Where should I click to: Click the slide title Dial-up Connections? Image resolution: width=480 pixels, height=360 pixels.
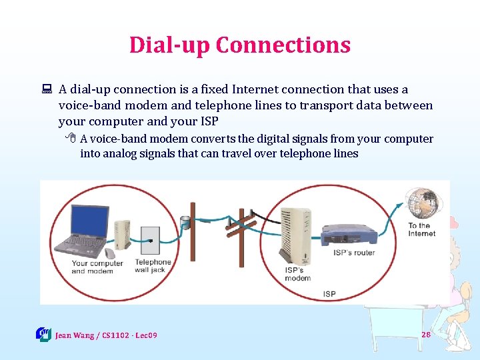pyautogui.click(x=239, y=45)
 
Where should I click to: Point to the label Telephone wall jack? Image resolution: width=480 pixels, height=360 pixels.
pyautogui.click(x=153, y=266)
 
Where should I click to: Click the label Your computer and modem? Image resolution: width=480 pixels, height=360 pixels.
pyautogui.click(x=97, y=267)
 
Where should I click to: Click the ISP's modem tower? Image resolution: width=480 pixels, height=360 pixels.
pyautogui.click(x=293, y=233)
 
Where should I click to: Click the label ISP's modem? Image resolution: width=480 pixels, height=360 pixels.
pyautogui.click(x=298, y=274)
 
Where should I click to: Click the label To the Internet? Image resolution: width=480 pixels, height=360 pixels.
pyautogui.click(x=422, y=229)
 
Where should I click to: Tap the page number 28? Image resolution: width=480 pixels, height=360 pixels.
pyautogui.click(x=425, y=334)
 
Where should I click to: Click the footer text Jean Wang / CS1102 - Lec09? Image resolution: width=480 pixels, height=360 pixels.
pyautogui.click(x=106, y=335)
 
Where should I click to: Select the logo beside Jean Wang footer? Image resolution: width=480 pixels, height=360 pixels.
pyautogui.click(x=43, y=334)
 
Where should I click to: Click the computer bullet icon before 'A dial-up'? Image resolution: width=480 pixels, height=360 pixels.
pyautogui.click(x=47, y=90)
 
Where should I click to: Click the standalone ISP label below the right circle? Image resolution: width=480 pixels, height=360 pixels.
pyautogui.click(x=329, y=294)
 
